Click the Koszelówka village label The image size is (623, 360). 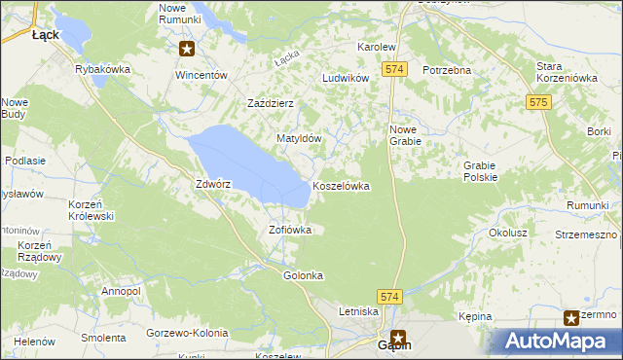pyautogui.click(x=341, y=186)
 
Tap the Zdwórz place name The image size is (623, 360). pyautogui.click(x=212, y=183)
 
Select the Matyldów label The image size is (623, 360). pyautogui.click(x=299, y=139)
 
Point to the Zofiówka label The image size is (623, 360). pyautogui.click(x=290, y=231)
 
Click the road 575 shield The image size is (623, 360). pyautogui.click(x=538, y=101)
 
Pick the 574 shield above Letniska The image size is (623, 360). pyautogui.click(x=390, y=295)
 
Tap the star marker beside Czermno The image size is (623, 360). pyautogui.click(x=572, y=316)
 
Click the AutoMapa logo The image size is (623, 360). pyautogui.click(x=558, y=341)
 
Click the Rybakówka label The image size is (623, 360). pyautogui.click(x=103, y=69)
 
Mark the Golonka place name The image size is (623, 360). pyautogui.click(x=303, y=275)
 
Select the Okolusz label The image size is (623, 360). pyautogui.click(x=508, y=234)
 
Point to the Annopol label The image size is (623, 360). pyautogui.click(x=122, y=291)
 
